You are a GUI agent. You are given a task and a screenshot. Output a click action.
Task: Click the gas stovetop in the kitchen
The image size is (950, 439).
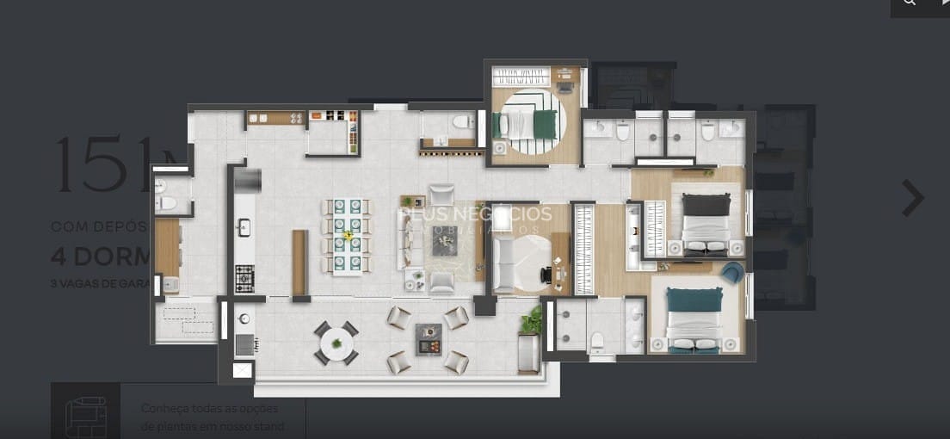[245, 278]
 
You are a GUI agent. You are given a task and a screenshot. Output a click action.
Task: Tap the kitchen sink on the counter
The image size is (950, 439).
[244, 227]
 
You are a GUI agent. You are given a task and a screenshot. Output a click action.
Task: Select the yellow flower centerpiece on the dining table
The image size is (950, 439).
[348, 234]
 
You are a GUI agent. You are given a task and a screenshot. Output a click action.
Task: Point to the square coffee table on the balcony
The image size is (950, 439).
[429, 339]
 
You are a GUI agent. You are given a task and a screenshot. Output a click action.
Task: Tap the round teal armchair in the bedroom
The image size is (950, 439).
[732, 273]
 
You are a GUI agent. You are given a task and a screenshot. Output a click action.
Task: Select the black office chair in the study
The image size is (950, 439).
[547, 275]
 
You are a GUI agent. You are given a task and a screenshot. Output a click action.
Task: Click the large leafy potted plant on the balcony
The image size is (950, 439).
[531, 321]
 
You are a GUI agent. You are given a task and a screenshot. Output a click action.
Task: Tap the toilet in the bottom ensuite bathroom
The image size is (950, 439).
[596, 342]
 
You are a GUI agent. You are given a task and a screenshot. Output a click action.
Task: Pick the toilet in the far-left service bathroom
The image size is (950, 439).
[167, 203]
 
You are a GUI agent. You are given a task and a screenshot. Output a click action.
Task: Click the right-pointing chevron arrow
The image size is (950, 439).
[913, 199]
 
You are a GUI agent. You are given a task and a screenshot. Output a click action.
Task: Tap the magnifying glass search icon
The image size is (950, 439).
[910, 4]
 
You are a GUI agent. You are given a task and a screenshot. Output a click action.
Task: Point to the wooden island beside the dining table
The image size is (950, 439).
[299, 263]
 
